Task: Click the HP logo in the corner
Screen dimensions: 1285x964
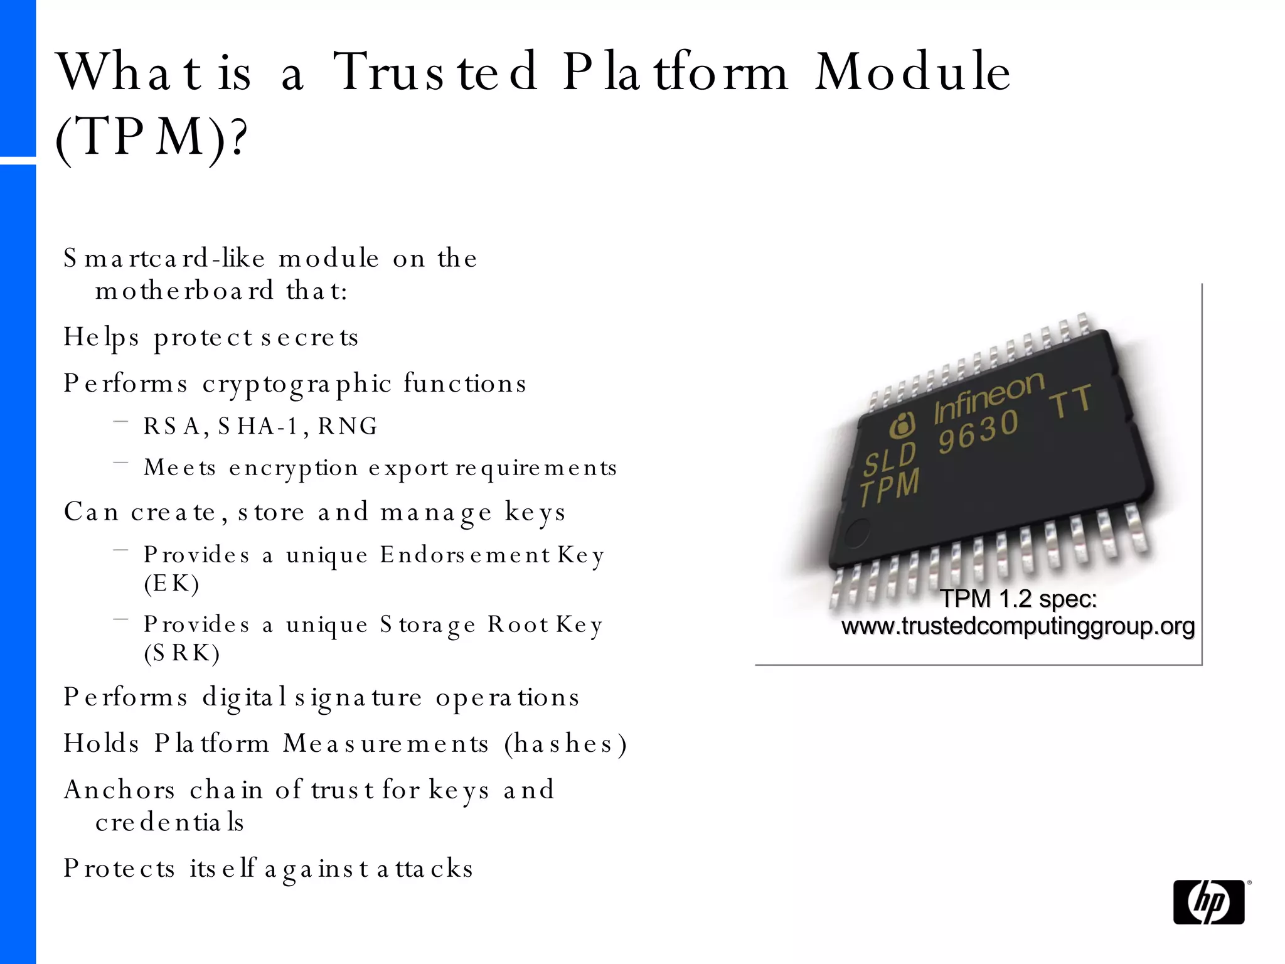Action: point(1208,902)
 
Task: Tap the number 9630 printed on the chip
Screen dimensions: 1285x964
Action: point(978,431)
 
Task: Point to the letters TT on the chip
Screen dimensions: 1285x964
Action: point(1071,401)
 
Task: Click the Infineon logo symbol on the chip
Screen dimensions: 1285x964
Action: point(903,426)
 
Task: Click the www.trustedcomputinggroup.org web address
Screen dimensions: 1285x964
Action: point(1018,626)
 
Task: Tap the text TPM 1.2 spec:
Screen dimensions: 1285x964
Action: point(1018,599)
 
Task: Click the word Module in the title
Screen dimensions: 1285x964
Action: point(913,72)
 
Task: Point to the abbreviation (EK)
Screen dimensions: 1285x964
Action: point(171,584)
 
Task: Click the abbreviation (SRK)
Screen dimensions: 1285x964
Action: point(182,653)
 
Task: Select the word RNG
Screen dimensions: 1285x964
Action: point(348,427)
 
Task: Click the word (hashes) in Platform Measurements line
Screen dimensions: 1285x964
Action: point(565,744)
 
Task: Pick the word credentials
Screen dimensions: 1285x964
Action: point(169,822)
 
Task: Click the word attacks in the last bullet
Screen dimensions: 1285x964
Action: point(425,869)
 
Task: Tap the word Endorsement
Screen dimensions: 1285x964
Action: point(465,555)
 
